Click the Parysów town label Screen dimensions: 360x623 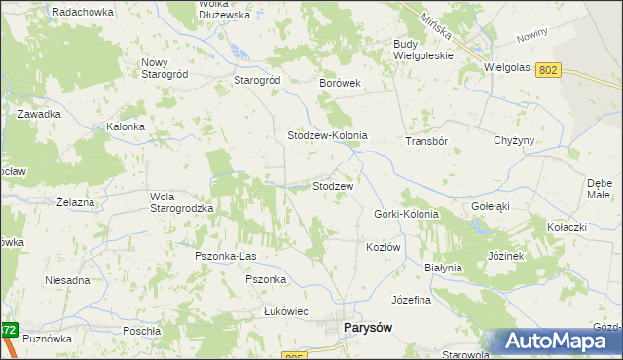[x=369, y=328]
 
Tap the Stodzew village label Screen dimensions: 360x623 [x=332, y=185]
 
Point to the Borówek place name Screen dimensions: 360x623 [x=341, y=84]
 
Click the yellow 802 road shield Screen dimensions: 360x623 [x=549, y=69]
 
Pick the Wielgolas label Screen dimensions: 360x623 [x=507, y=68]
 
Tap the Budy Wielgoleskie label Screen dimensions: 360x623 [x=423, y=50]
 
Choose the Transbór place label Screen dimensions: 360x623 [x=425, y=141]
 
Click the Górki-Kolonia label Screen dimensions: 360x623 [x=406, y=214]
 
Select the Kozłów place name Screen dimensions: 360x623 [x=384, y=248]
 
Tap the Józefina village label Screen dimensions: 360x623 [x=411, y=300]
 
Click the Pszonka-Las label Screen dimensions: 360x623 [x=225, y=256]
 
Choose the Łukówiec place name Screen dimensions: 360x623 [x=286, y=311]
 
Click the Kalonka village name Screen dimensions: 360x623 [x=126, y=127]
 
